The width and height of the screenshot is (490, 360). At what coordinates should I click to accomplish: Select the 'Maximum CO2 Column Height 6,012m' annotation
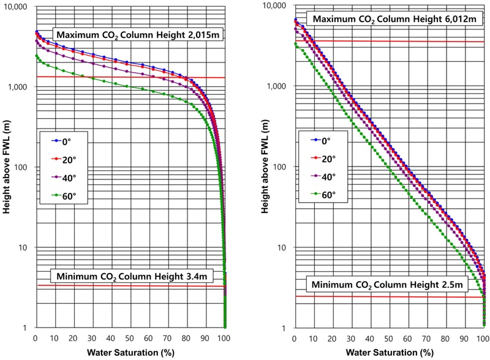(x=390, y=18)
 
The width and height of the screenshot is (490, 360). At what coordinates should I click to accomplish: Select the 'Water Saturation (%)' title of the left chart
(x=130, y=353)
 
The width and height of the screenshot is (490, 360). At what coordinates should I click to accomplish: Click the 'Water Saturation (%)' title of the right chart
(x=389, y=353)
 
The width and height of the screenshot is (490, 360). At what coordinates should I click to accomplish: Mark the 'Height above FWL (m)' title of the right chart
(x=267, y=167)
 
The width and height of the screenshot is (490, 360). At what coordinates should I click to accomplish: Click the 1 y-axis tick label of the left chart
(x=26, y=328)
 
